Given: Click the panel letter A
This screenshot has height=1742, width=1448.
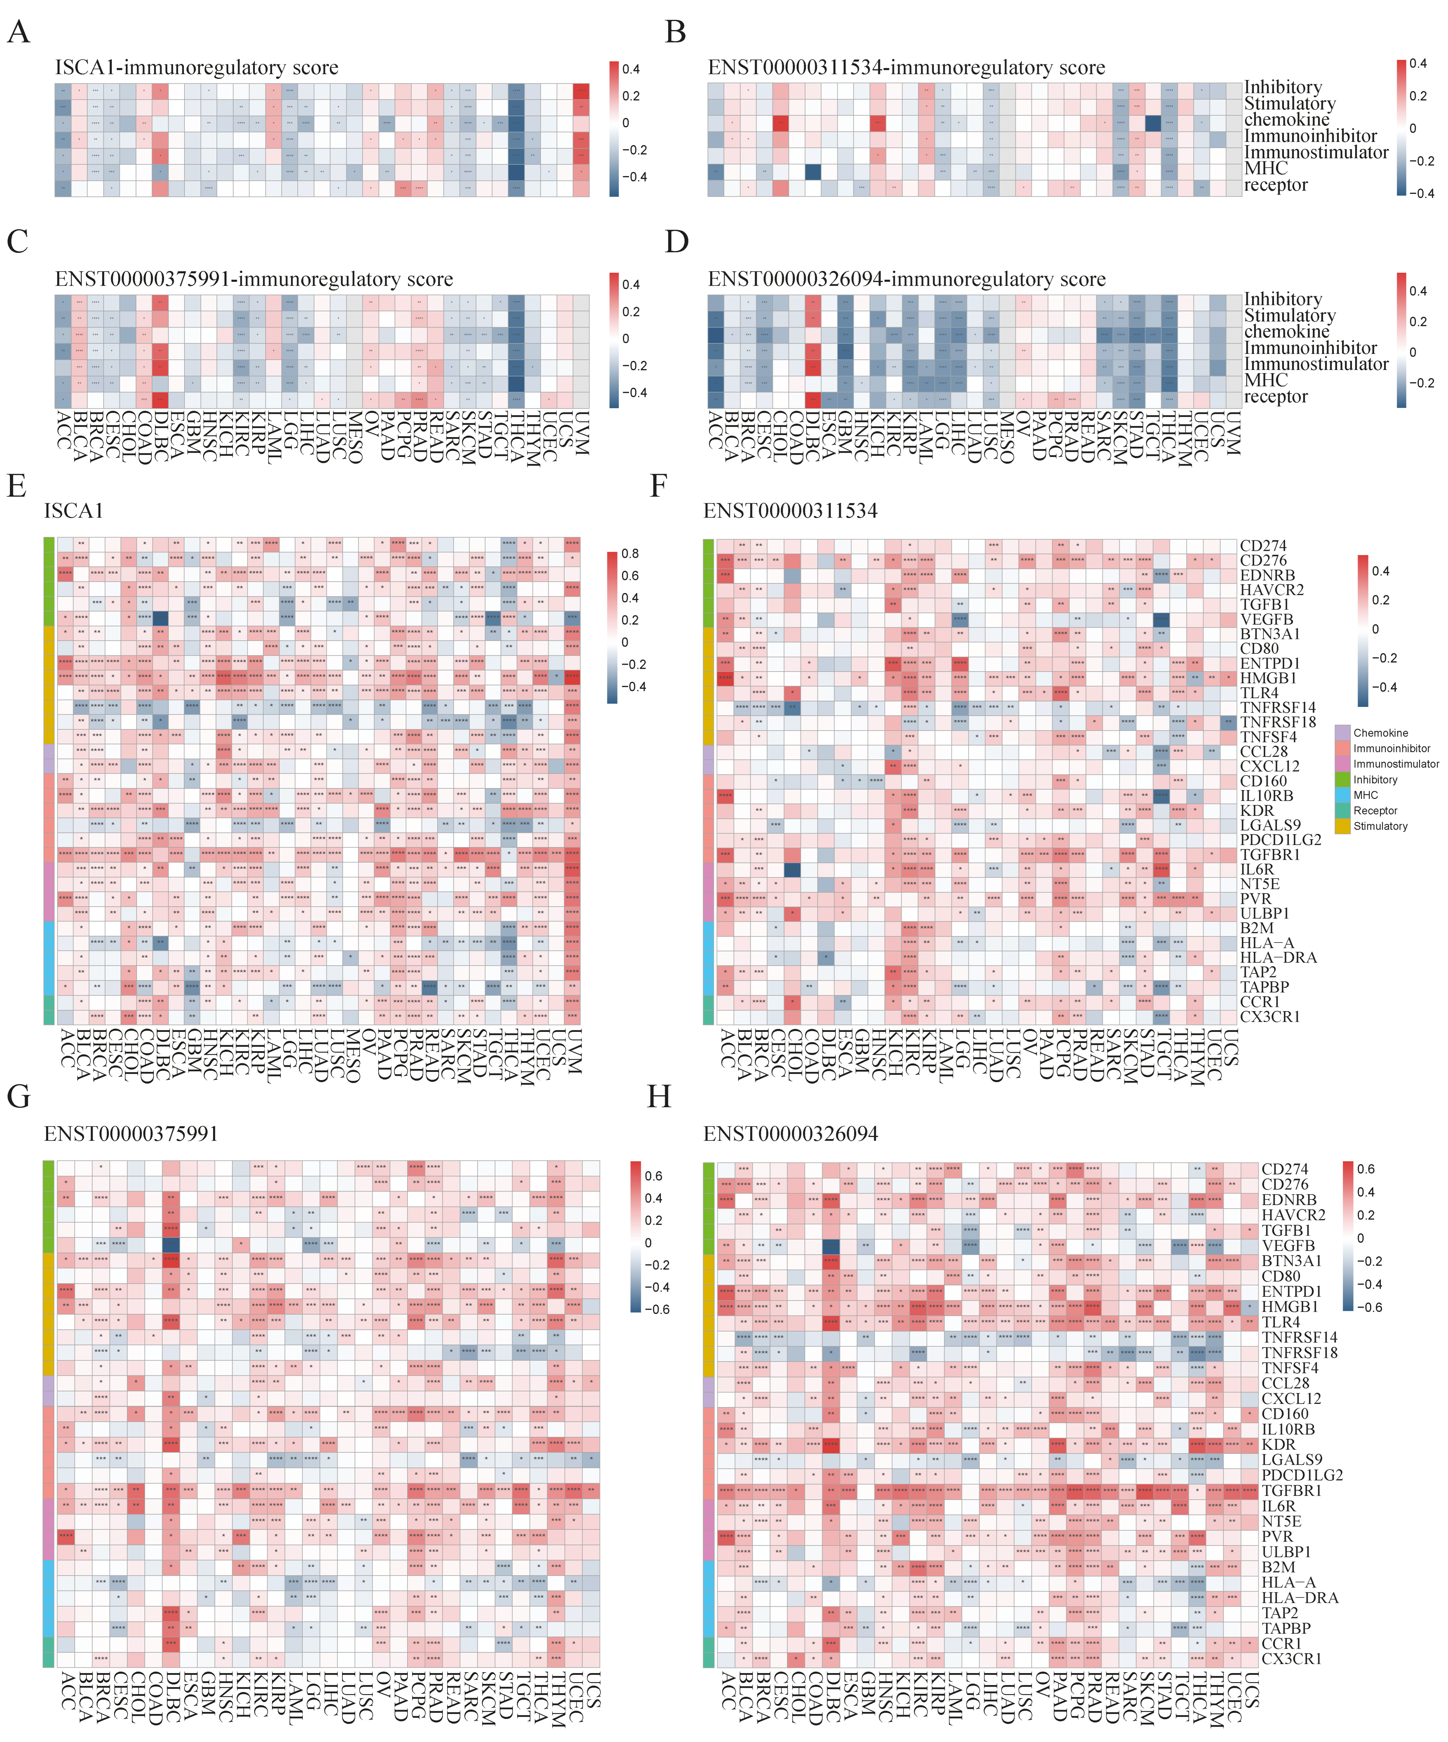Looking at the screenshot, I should [x=18, y=32].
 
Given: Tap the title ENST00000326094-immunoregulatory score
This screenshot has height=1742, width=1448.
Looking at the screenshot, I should [x=906, y=280].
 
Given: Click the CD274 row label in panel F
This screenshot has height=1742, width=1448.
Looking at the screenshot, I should [x=1263, y=546].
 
